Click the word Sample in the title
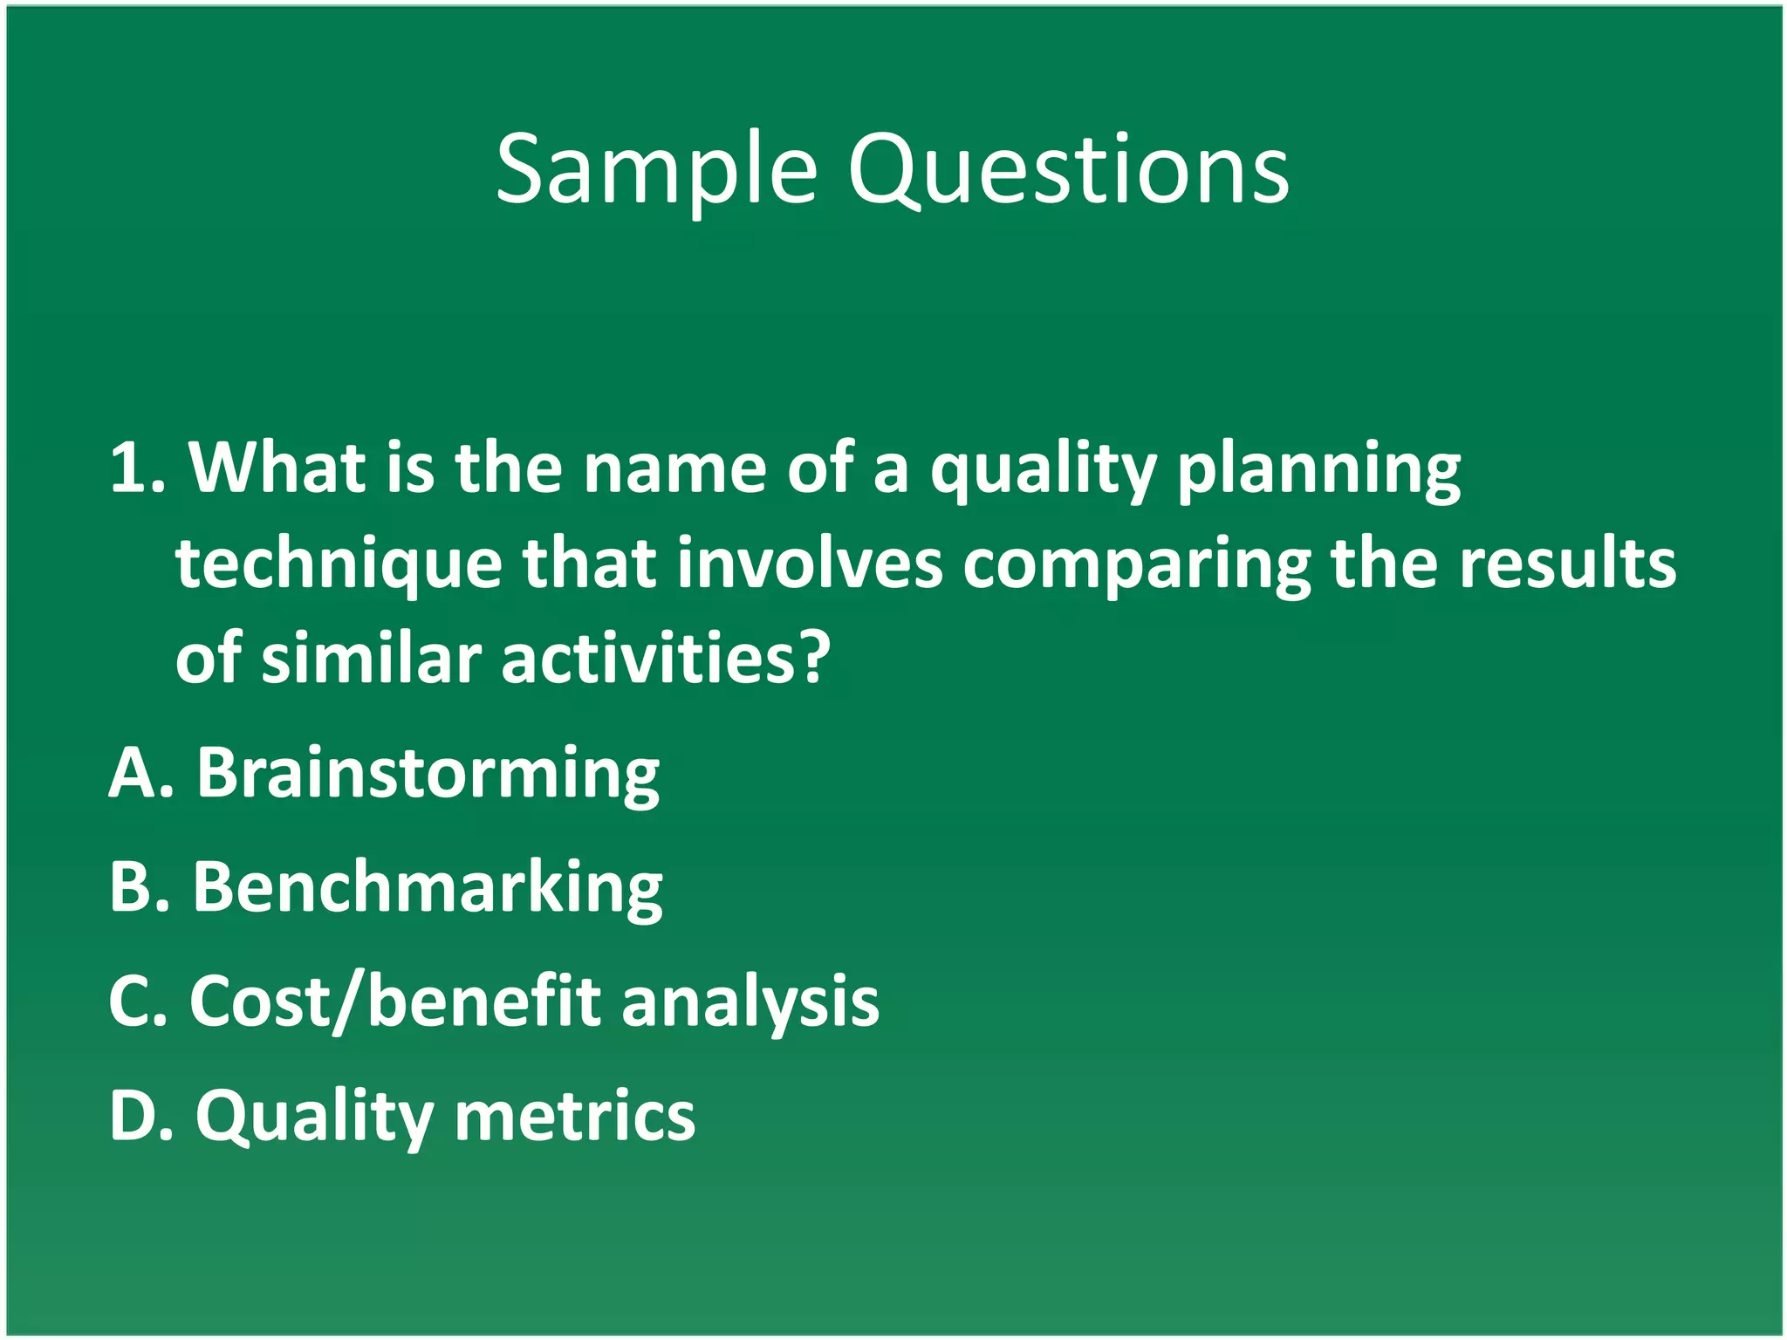(655, 169)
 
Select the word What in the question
(277, 468)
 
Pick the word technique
(338, 565)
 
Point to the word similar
(371, 659)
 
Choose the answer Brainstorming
(428, 774)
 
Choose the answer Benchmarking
(428, 887)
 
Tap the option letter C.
(128, 1002)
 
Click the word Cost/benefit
(395, 1002)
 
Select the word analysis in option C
(750, 1003)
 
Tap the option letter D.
(131, 1115)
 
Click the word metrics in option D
(575, 1115)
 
